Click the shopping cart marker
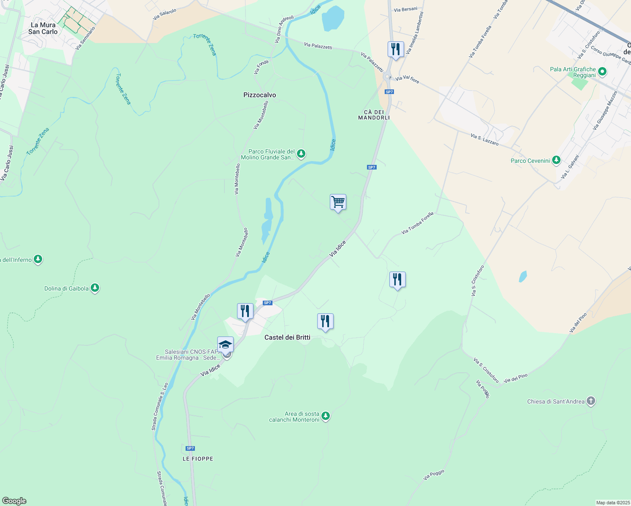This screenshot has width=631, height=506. (338, 202)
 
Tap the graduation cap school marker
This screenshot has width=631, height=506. (225, 345)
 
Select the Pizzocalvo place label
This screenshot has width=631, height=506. (259, 95)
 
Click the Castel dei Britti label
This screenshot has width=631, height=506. (287, 337)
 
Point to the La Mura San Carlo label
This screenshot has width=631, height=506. (43, 28)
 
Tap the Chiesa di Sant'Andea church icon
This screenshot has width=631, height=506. (591, 401)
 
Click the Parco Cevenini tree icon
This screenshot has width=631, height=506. (556, 160)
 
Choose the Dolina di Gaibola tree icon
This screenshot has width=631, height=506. (95, 288)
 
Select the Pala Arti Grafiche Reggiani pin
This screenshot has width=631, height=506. (602, 72)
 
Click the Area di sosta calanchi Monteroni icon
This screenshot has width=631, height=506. (325, 416)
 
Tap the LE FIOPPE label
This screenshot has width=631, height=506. (198, 458)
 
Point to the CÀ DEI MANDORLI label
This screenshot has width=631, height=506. (374, 115)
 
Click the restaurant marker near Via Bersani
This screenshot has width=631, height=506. (396, 49)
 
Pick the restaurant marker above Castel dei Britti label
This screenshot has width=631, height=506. (325, 322)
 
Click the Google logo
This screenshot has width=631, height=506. (14, 501)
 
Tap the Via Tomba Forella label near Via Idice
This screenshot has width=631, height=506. (417, 223)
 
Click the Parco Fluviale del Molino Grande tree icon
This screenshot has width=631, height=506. (301, 154)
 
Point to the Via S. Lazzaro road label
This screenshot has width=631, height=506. (485, 140)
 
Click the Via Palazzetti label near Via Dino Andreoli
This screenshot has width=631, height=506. (318, 46)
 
